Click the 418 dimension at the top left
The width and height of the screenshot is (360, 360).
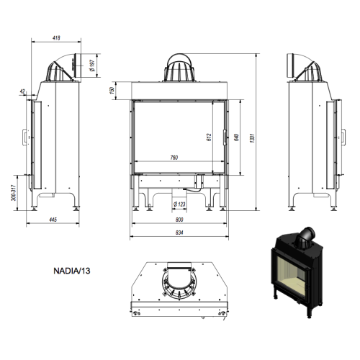coord(56,38)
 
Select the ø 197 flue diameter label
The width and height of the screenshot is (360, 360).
coord(92,66)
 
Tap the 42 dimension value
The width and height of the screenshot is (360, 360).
coord(22,91)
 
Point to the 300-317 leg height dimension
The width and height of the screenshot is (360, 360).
coord(14,193)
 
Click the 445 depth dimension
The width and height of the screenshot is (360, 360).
coord(53,220)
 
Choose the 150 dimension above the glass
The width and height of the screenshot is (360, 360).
coord(112,91)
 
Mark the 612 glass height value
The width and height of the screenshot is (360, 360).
coord(209,138)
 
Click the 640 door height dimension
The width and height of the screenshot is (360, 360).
coord(236,138)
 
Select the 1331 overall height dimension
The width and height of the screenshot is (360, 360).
coord(252,138)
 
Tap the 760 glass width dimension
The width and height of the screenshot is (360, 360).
coord(174,158)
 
